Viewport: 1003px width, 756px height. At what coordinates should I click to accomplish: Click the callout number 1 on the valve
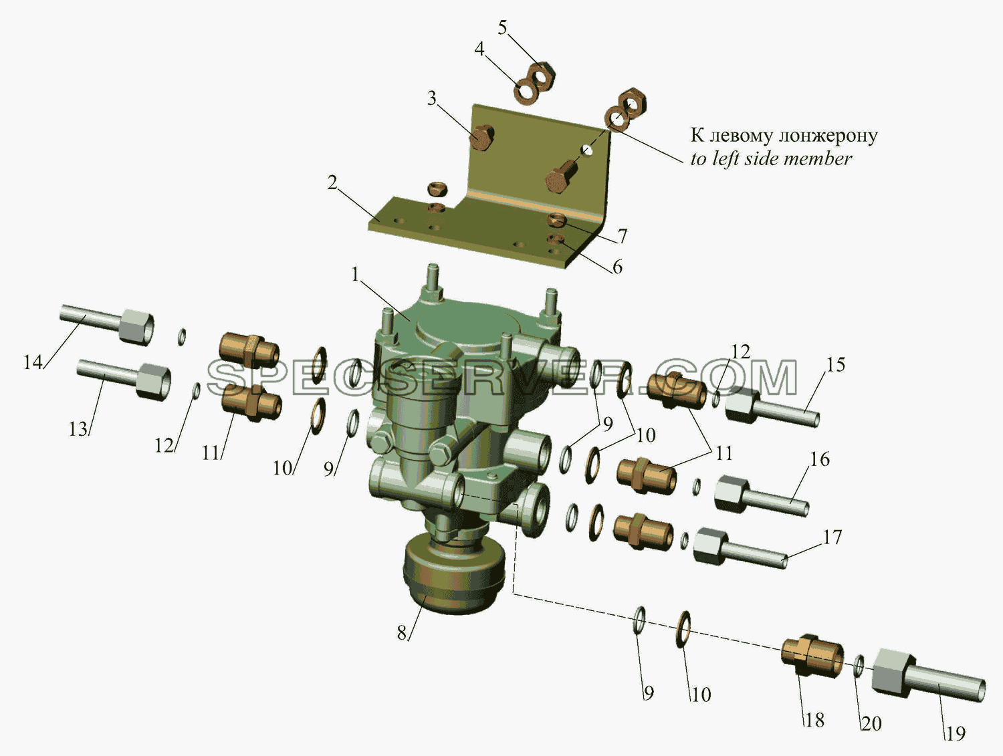(x=355, y=275)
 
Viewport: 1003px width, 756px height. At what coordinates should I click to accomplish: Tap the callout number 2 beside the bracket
(x=332, y=183)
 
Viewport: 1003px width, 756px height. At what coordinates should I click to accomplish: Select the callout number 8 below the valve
(x=402, y=633)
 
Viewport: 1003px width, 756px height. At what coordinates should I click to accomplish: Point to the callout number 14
(x=33, y=363)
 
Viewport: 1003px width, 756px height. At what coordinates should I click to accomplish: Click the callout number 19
(x=956, y=734)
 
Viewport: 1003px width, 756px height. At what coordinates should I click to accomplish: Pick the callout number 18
(x=814, y=721)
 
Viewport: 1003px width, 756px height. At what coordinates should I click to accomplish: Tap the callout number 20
(x=871, y=723)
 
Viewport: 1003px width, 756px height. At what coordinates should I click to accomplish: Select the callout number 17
(x=832, y=537)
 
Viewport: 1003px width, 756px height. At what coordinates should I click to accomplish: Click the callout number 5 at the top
(x=502, y=28)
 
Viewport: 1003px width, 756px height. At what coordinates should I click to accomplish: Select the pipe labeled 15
(x=772, y=406)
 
